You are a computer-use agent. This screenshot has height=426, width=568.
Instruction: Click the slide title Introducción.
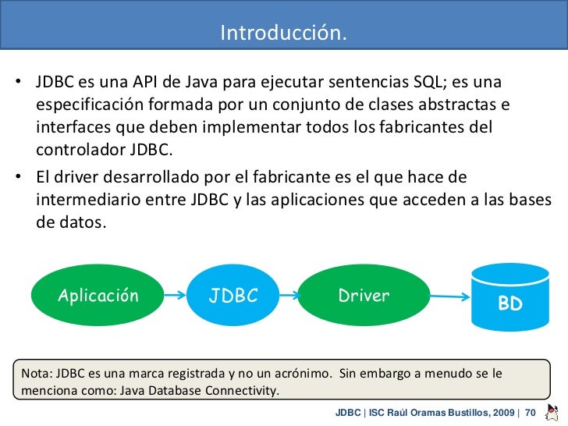(x=283, y=34)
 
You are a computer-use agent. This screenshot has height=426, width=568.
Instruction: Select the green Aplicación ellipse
(x=98, y=296)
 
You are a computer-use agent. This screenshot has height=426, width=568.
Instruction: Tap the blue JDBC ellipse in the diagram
(x=233, y=296)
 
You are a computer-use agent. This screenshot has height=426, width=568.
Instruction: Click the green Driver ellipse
(x=364, y=296)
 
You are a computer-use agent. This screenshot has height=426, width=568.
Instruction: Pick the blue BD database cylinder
(x=509, y=298)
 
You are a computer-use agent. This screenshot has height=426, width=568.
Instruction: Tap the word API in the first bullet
(x=147, y=83)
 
